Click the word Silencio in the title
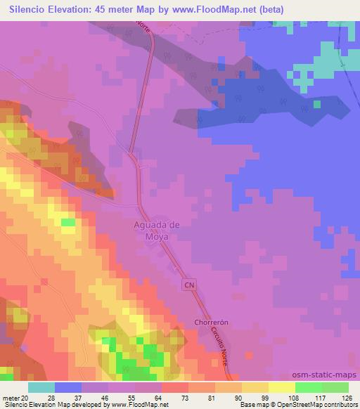pos(31,9)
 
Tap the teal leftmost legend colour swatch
pos(41,387)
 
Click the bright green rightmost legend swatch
pos(335,387)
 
